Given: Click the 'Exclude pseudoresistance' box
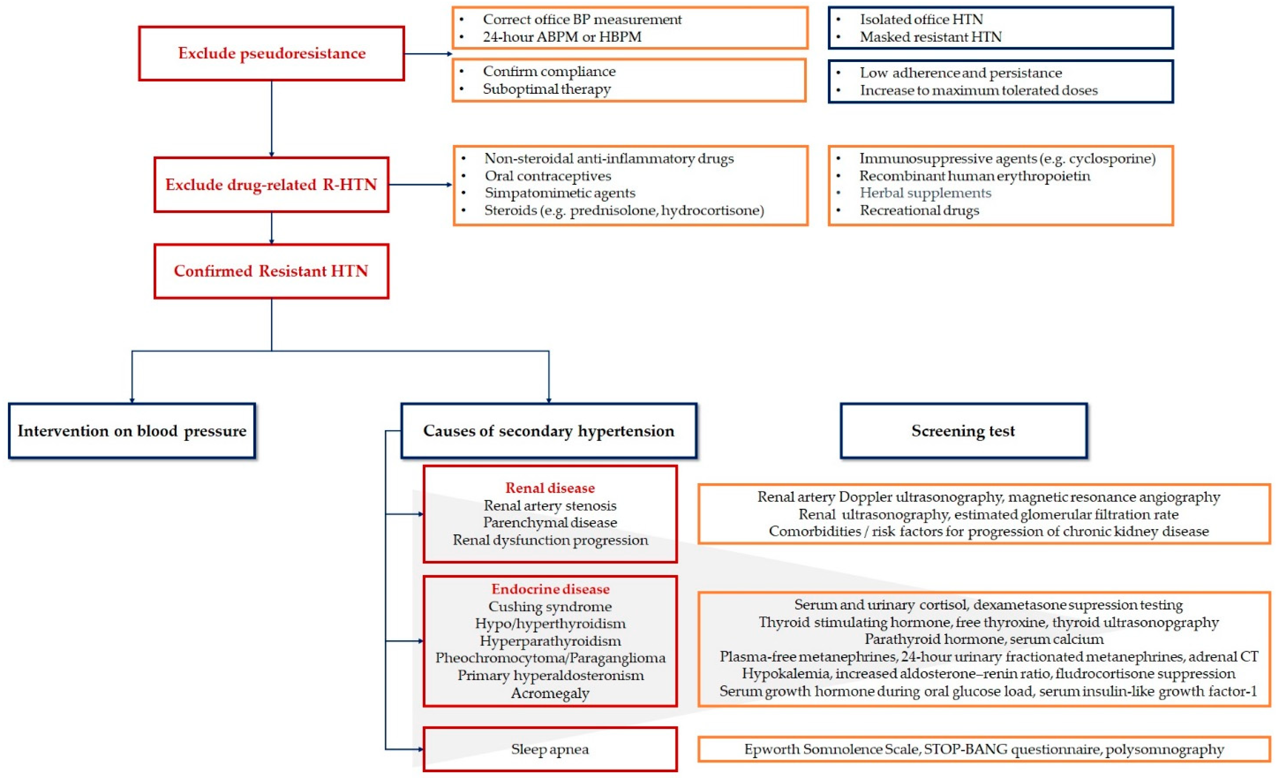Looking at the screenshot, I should [271, 54].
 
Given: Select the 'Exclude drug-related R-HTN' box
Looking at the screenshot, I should [271, 185].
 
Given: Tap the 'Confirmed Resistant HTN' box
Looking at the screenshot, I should [271, 271].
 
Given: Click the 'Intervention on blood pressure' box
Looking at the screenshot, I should [132, 431].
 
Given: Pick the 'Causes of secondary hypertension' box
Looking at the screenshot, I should [549, 431].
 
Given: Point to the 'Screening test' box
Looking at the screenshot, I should [963, 431].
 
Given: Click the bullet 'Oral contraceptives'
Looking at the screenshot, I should [548, 176].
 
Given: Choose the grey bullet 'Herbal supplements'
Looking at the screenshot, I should [925, 193].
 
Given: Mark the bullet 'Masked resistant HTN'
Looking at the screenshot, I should [930, 37].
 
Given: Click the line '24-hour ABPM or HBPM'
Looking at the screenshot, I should [562, 37].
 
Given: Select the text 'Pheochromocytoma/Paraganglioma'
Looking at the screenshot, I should [550, 658].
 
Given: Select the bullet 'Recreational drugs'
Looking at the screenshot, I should [919, 211].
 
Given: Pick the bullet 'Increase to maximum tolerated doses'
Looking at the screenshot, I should [978, 90].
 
